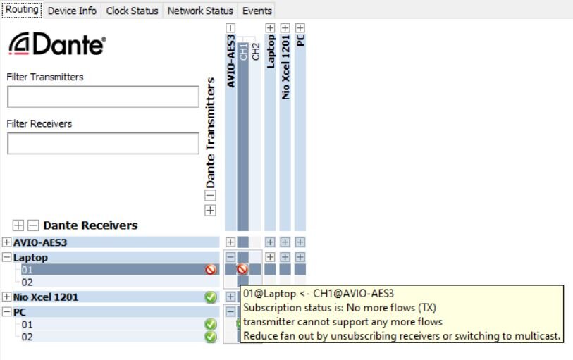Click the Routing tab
22,10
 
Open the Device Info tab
73,11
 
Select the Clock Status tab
133,11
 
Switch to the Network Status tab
200,11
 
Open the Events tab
257,11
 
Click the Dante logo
57,45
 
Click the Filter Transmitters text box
103,97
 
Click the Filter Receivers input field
103,143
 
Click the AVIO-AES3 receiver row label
40,242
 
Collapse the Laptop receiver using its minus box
7,257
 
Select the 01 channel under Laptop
27,269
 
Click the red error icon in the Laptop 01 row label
210,269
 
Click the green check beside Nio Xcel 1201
210,297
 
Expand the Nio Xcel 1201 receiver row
7,297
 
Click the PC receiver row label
21,311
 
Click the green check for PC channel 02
210,337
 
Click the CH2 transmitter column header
256,51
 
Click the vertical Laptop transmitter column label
271,51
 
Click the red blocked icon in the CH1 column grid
242,269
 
